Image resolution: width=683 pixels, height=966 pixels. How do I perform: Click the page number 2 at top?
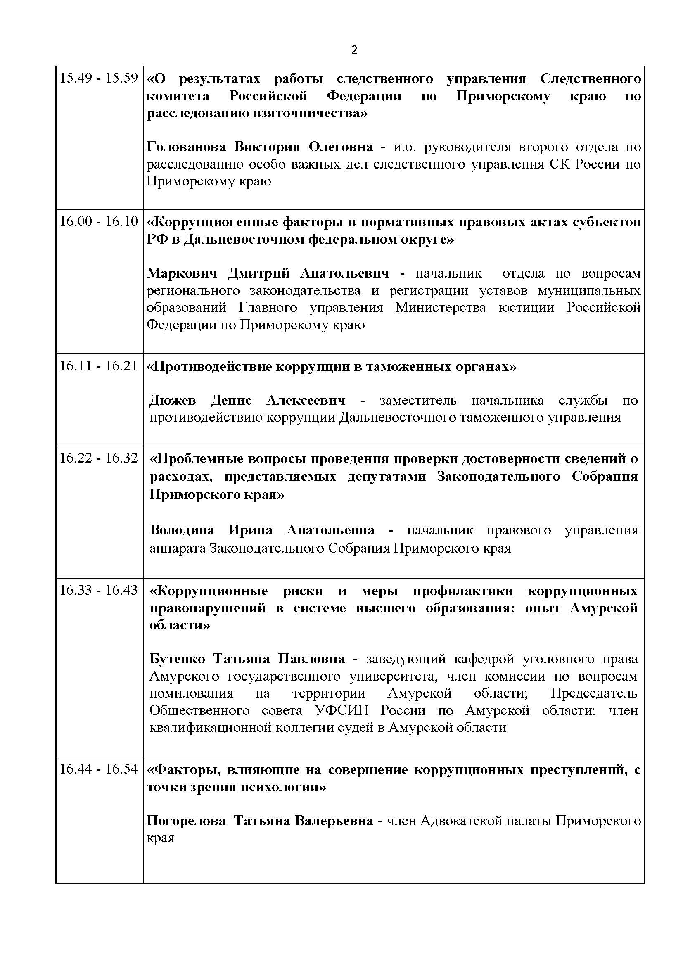click(354, 50)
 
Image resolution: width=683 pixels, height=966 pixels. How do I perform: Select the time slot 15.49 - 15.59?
click(99, 78)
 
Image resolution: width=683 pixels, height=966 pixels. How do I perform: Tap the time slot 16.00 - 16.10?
click(99, 221)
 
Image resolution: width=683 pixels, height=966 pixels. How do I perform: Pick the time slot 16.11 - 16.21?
click(99, 366)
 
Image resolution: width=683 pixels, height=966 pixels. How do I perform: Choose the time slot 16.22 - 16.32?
click(99, 458)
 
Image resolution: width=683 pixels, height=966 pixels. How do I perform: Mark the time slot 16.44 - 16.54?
click(99, 769)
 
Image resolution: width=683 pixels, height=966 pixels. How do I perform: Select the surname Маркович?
click(182, 273)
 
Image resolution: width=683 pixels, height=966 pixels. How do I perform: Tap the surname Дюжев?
click(173, 400)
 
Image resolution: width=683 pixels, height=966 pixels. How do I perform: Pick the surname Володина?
click(182, 530)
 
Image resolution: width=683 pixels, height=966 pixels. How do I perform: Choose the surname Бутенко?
click(177, 659)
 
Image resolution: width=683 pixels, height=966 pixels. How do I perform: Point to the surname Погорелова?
click(186, 821)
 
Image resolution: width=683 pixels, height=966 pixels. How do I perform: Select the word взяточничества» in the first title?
click(310, 114)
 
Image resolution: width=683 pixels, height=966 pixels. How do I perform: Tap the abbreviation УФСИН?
click(341, 711)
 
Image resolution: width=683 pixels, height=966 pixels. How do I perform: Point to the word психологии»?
click(282, 787)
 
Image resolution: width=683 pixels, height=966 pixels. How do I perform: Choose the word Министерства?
click(440, 308)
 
